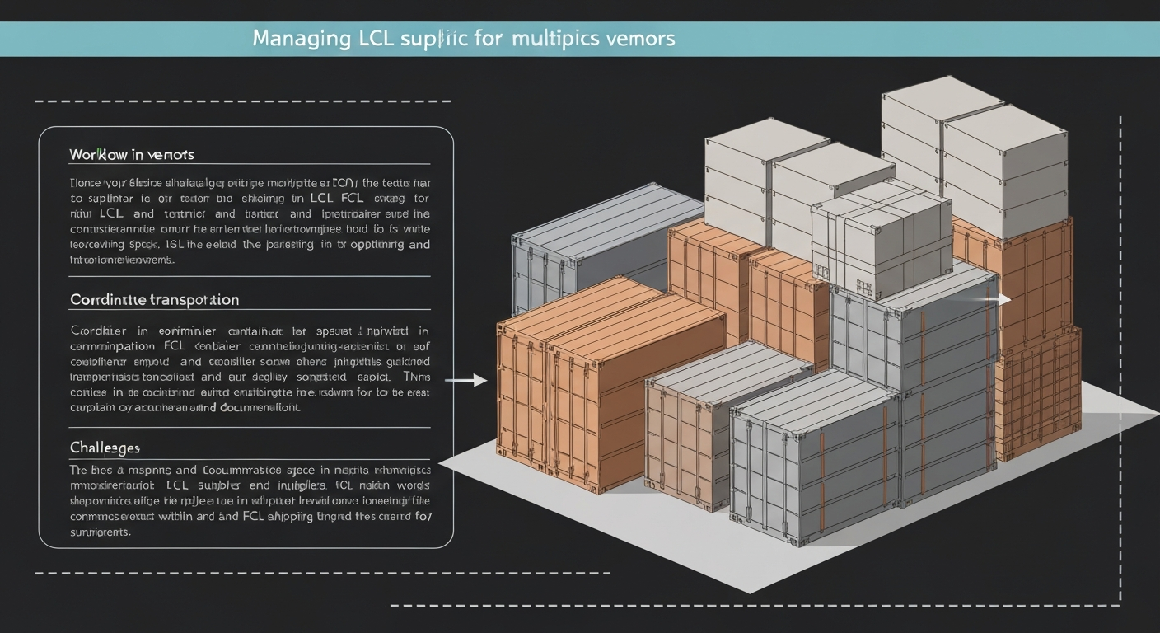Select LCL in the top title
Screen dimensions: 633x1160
pyautogui.click(x=373, y=39)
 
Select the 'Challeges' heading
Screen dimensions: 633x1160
pyautogui.click(x=105, y=448)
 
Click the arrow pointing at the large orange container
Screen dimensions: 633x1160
pyautogui.click(x=465, y=380)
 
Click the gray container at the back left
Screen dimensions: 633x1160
pyautogui.click(x=593, y=247)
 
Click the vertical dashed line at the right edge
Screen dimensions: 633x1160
pyautogui.click(x=1120, y=354)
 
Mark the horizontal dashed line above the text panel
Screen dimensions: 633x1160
pyautogui.click(x=243, y=101)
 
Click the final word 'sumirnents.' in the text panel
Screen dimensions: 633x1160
pyautogui.click(x=101, y=532)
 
